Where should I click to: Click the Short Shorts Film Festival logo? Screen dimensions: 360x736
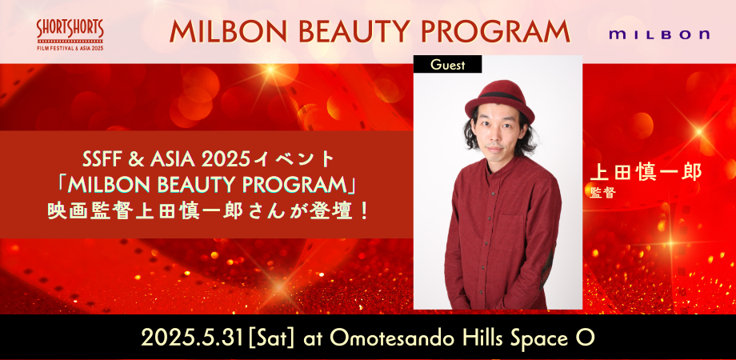pos(70,34)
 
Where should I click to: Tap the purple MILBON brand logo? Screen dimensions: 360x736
pos(658,35)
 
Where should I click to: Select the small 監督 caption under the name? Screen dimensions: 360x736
pos(602,192)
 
